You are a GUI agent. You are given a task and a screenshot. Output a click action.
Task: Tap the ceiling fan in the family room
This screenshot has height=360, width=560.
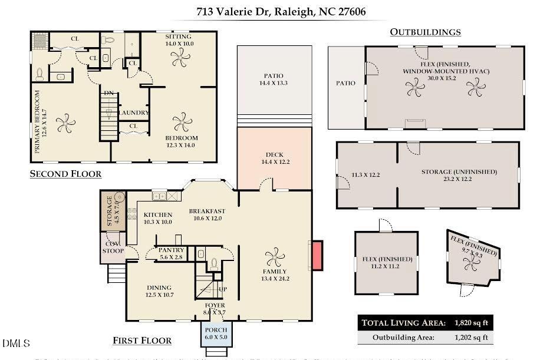click(x=274, y=257)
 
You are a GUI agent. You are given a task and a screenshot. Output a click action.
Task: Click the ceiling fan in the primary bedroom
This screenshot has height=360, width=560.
click(x=65, y=124)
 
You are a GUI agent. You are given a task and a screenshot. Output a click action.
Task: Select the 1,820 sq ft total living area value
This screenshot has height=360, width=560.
click(x=472, y=322)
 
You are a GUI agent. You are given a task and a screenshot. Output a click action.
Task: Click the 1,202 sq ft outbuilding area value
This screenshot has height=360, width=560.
click(x=472, y=338)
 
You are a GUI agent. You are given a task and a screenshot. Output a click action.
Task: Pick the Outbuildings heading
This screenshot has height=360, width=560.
click(x=425, y=32)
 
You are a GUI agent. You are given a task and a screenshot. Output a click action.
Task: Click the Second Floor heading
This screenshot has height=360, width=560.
click(x=65, y=174)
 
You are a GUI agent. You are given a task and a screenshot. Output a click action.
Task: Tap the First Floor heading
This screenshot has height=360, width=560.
click(x=142, y=341)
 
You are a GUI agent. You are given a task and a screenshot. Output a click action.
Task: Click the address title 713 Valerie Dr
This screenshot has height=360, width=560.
click(x=283, y=11)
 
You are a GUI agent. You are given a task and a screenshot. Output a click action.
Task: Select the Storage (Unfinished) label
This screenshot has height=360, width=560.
click(x=459, y=172)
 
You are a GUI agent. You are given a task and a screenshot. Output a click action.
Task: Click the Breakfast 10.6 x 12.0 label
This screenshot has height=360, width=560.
click(x=207, y=215)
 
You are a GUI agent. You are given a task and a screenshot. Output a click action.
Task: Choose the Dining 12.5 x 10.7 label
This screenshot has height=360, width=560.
click(x=159, y=291)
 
